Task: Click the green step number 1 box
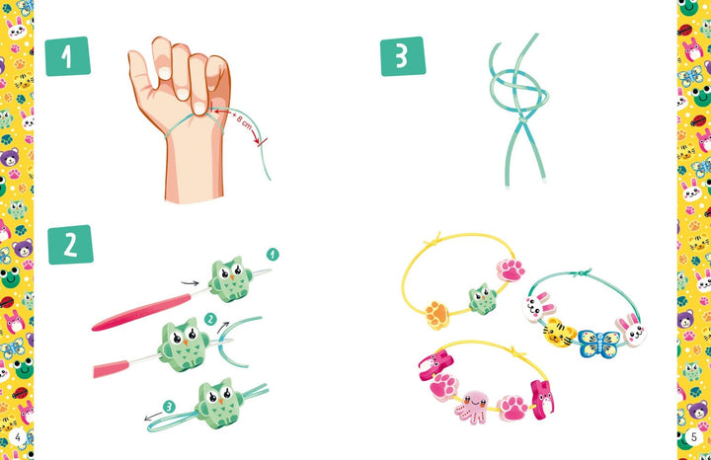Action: coord(67,56)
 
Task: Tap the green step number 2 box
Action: coord(70,244)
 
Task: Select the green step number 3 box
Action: coord(403,56)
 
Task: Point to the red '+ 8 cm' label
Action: coord(243,121)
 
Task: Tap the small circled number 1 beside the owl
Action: coord(273,255)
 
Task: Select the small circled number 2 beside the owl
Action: coord(210,319)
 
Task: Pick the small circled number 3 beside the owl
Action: coord(169,407)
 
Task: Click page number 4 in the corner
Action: coord(18,436)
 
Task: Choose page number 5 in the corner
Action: coord(693,436)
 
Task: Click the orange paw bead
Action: coord(437,315)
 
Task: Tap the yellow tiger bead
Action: coord(559,333)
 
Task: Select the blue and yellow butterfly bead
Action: coord(598,344)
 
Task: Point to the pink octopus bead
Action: coord(472,407)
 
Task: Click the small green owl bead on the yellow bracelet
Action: coord(483,299)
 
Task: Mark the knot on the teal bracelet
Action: coord(581,272)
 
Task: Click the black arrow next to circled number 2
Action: coord(222,327)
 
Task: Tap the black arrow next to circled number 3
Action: coord(153,416)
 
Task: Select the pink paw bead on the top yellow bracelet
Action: coord(511,270)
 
